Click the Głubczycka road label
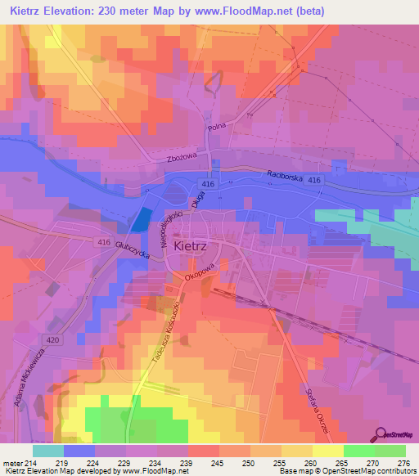coord(131,251)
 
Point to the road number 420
coord(53,339)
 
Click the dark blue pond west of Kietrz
coord(142,219)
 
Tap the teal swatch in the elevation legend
coord(48,450)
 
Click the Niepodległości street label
coord(169,230)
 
